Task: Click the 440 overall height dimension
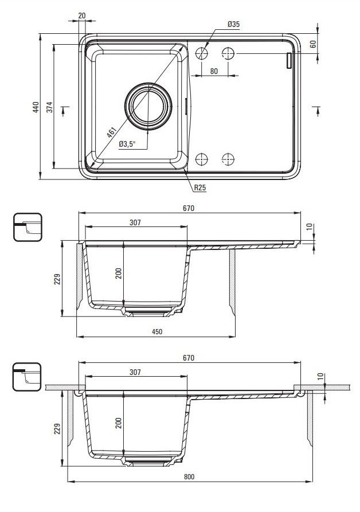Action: point(36,107)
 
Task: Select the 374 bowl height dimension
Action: point(50,107)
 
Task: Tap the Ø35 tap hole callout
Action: point(234,24)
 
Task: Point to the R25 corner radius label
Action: point(200,187)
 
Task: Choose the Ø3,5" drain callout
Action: point(127,144)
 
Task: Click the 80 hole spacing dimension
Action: point(214,71)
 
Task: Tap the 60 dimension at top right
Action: point(313,44)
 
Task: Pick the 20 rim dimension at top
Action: point(82,15)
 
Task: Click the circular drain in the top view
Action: point(148,106)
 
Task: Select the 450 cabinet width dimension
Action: point(157,331)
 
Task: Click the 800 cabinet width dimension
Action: point(189,476)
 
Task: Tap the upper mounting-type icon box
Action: point(28,227)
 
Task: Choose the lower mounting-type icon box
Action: point(27,377)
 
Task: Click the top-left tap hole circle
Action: point(202,53)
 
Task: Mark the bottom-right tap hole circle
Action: point(228,159)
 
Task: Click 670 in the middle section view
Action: point(189,208)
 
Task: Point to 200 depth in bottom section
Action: point(118,423)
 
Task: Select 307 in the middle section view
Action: point(135,222)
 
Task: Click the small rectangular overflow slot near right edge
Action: point(288,61)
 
